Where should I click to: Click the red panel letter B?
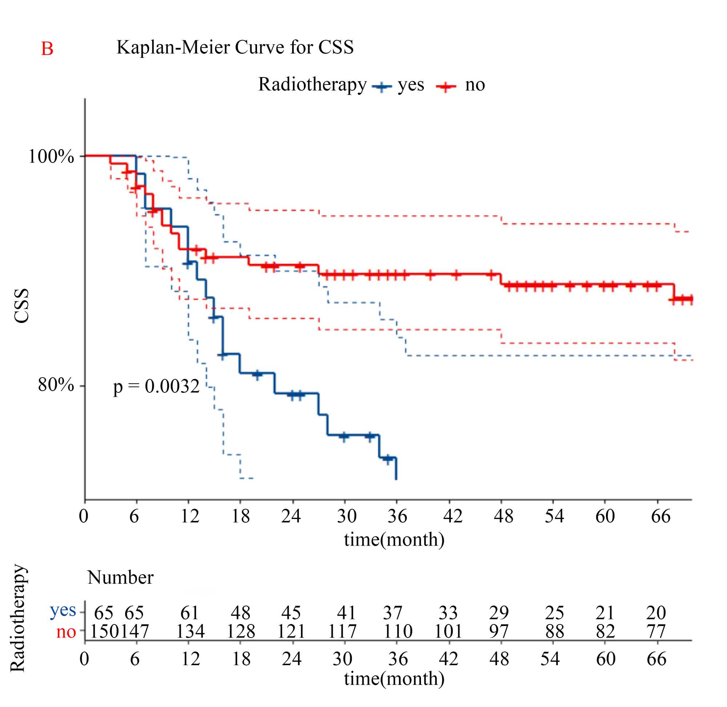coord(47,49)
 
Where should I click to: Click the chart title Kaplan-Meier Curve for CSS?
coord(235,47)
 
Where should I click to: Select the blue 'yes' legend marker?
coord(382,87)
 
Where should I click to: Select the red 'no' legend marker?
coord(446,87)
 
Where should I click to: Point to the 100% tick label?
coord(51,156)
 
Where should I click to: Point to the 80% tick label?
coord(56,385)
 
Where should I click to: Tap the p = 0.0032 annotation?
coord(156,386)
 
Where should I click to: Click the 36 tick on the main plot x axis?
coord(397,516)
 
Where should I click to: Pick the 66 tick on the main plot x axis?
coord(660,516)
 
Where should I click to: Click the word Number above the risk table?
coord(120,578)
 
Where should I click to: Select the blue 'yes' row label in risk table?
coord(63,610)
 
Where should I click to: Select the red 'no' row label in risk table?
coord(66,632)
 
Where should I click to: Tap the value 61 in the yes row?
coord(189,613)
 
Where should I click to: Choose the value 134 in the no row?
coord(190,632)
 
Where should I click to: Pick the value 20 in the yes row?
coord(656,613)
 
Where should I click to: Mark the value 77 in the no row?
coord(656,632)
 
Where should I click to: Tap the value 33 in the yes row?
coord(448,613)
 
